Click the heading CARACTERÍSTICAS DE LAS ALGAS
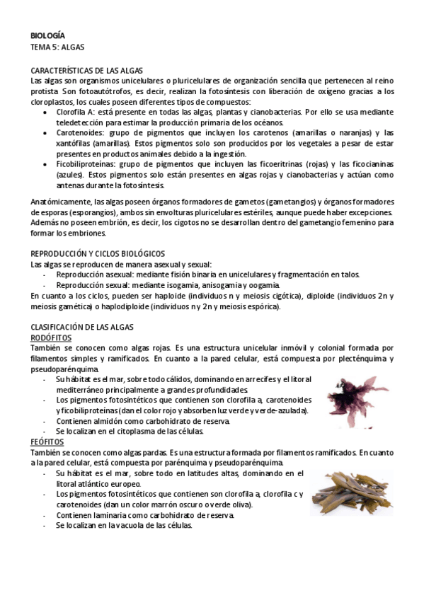tap(87, 71)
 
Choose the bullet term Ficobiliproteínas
tap(84, 163)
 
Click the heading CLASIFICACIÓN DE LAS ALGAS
tap(88, 327)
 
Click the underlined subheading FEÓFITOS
tap(48, 440)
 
